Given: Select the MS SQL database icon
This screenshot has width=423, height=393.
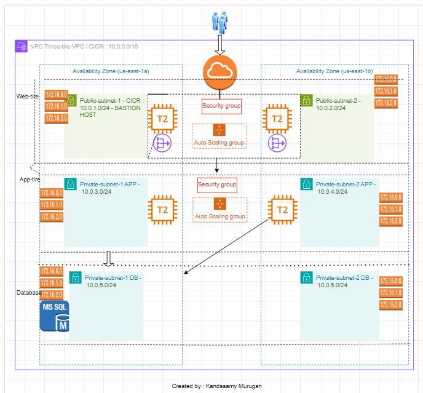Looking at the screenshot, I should click(x=54, y=316).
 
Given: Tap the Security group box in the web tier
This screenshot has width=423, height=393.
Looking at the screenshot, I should click(x=221, y=106).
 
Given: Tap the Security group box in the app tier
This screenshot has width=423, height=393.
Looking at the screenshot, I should click(x=217, y=184).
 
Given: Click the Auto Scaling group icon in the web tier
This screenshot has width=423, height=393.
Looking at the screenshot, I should click(x=219, y=130).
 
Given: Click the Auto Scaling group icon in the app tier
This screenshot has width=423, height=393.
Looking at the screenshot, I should click(x=219, y=204).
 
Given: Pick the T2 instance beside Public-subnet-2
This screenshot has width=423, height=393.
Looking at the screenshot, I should click(x=277, y=118).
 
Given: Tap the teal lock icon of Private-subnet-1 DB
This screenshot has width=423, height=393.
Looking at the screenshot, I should click(x=74, y=278).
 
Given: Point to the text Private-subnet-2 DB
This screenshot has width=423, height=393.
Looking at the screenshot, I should click(x=344, y=278).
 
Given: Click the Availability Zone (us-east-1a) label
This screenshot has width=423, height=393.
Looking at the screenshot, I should click(x=111, y=71).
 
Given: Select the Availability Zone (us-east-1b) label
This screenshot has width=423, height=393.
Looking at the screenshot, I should click(x=334, y=71).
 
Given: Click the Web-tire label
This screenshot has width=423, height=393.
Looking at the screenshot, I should click(x=28, y=97).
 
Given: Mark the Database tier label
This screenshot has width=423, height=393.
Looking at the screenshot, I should click(x=28, y=293).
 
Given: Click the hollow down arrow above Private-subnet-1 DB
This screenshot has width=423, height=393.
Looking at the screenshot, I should click(x=108, y=258).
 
